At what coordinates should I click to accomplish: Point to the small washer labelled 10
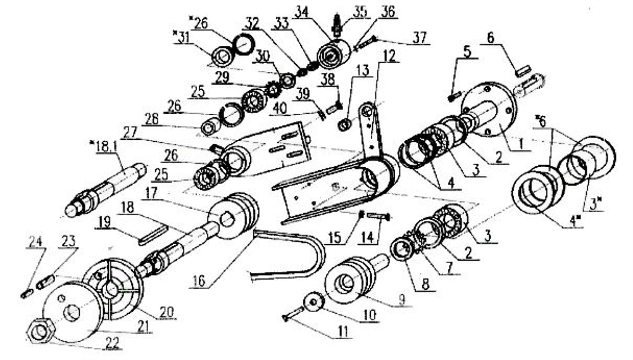click(x=313, y=302)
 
